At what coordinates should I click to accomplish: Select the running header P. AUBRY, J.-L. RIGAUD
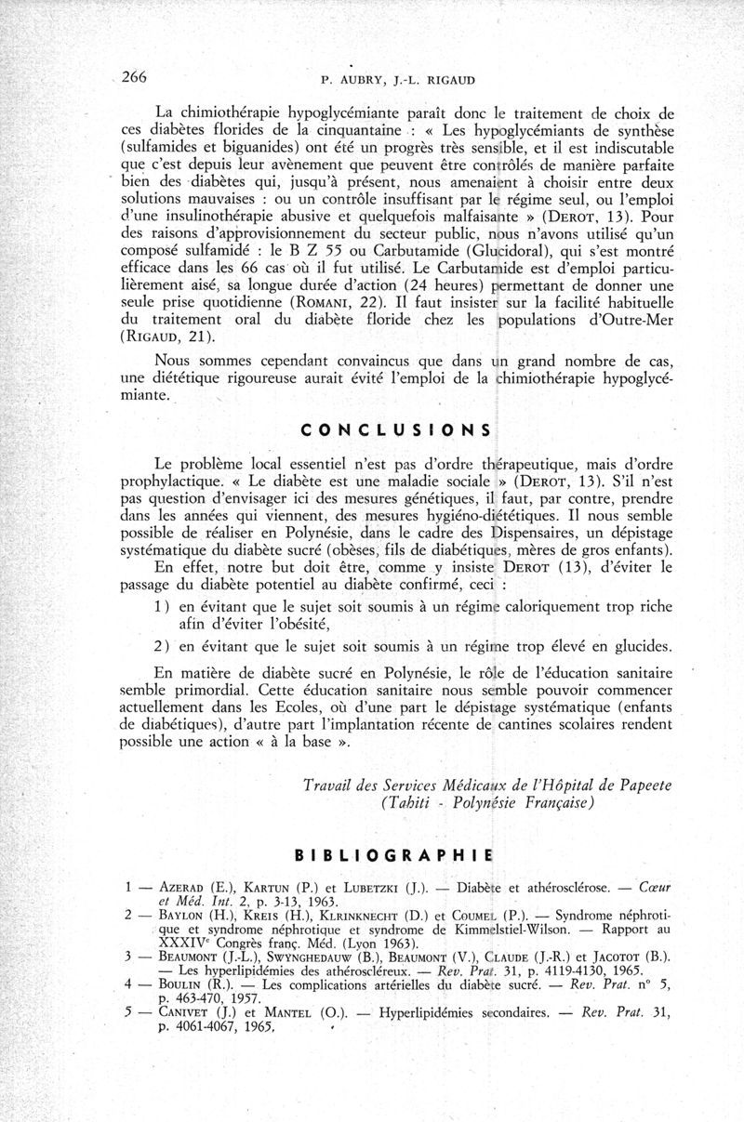[x=394, y=80]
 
